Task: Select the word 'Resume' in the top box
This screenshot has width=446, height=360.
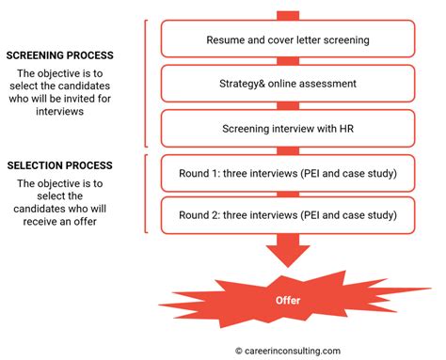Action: [x=227, y=40]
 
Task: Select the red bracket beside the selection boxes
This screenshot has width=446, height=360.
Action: [x=148, y=193]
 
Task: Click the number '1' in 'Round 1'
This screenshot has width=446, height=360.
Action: [x=220, y=172]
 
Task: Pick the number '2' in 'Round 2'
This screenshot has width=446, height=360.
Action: [x=220, y=214]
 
